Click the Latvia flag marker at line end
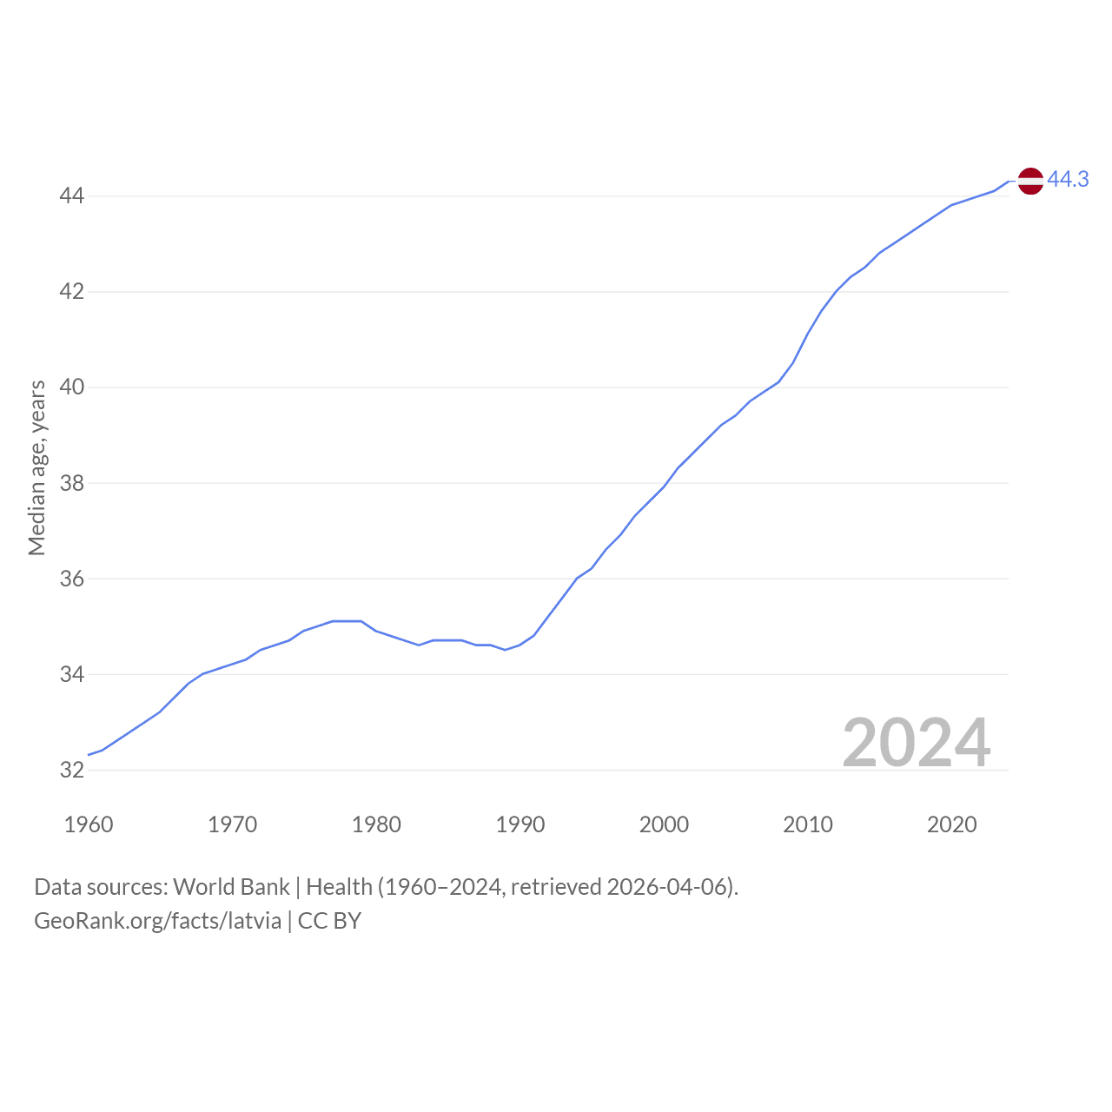coord(1030,182)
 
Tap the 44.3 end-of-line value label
coord(1068,180)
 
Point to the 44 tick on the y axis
coord(71,196)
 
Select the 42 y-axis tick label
coord(71,291)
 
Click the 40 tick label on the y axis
coord(71,387)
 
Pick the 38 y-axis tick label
coord(71,483)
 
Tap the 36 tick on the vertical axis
coord(71,579)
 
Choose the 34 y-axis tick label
coord(71,674)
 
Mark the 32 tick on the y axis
coord(71,770)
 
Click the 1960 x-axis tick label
coord(89,824)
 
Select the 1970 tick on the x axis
coord(232,824)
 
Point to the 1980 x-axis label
coord(376,824)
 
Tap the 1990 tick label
coord(520,824)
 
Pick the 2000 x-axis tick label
coord(664,824)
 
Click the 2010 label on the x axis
coord(808,824)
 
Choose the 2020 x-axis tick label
coord(951,824)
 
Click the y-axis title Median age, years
coord(37,468)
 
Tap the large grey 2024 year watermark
coord(917,743)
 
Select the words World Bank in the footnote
coord(231,887)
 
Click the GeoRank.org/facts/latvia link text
coord(157,921)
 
